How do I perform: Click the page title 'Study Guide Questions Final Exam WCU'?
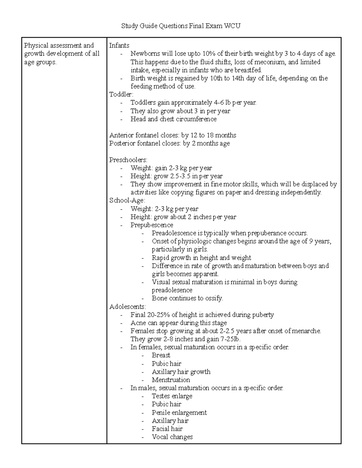pos(181,26)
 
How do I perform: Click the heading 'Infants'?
pos(119,46)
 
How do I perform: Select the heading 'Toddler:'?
pos(121,94)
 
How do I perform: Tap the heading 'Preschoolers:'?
pos(128,160)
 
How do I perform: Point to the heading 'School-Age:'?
pos(127,200)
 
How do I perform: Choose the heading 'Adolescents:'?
pos(128,306)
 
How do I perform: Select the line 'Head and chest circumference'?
pos(173,119)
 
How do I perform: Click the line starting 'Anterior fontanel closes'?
pos(173,135)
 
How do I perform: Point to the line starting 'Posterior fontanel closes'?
pos(169,143)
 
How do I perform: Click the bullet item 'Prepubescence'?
pos(152,225)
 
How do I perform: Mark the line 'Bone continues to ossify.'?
pos(187,298)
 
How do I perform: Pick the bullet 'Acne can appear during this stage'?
pos(179,323)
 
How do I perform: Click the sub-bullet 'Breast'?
pos(161,355)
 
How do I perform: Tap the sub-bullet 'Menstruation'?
pos(171,380)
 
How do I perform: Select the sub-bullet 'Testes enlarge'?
pos(172,396)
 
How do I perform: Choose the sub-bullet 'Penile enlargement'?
pos(179,413)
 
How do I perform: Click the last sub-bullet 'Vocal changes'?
pos(172,437)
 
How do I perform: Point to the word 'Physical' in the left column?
pos(36,46)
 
